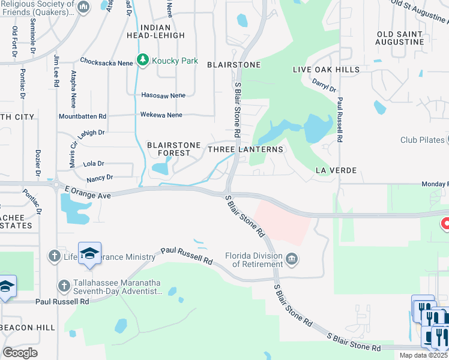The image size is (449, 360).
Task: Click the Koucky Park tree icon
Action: tap(142, 59)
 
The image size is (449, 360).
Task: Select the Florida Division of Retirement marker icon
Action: tap(292, 259)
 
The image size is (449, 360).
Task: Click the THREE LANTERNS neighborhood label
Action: tap(245, 149)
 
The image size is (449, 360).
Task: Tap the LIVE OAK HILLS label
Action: tap(326, 70)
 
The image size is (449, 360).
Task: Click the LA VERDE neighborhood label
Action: tap(336, 171)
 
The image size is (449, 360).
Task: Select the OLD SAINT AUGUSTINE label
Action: tap(400, 37)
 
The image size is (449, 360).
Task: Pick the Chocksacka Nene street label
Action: tap(106, 61)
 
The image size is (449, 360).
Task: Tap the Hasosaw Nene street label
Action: tap(163, 95)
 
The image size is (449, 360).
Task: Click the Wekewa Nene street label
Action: tap(161, 115)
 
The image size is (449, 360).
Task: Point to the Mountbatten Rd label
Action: tap(82, 116)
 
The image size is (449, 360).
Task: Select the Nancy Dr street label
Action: tap(100, 178)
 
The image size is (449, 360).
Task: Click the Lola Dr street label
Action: tap(94, 163)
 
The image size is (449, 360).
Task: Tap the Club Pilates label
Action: tap(423, 140)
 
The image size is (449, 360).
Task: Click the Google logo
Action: tap(20, 352)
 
